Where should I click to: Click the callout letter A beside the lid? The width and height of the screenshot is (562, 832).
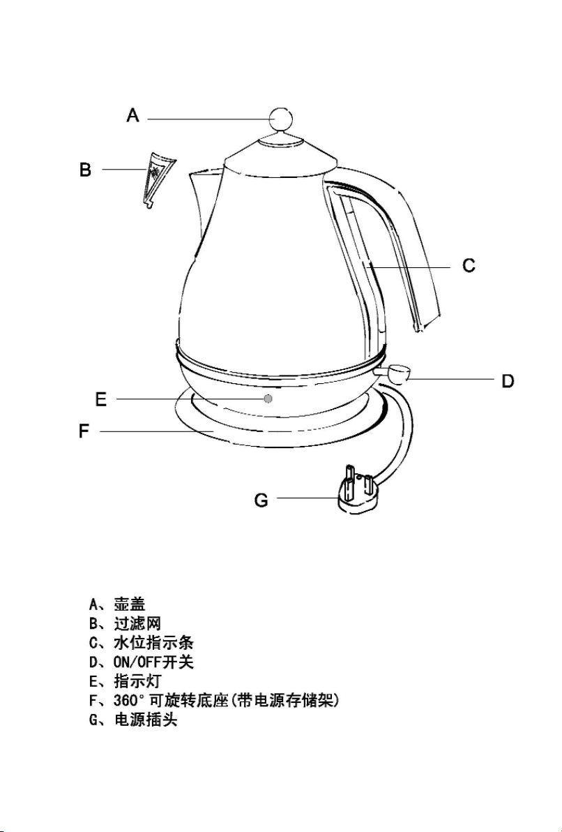[x=132, y=115]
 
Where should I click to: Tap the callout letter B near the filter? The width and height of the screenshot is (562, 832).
[x=85, y=170]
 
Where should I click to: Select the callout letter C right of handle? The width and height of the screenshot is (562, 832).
[x=469, y=265]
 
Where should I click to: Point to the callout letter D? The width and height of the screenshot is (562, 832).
[x=508, y=380]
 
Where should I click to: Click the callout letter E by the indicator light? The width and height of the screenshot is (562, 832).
[x=100, y=399]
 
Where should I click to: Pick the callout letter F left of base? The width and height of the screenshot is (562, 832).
[x=84, y=431]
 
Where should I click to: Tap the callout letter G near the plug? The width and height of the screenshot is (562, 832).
[x=261, y=500]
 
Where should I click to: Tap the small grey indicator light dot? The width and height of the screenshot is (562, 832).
[x=268, y=399]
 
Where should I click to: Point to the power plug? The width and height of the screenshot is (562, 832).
[x=357, y=491]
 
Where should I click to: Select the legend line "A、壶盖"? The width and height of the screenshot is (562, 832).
[x=117, y=604]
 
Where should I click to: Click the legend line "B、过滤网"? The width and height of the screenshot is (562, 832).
[x=125, y=623]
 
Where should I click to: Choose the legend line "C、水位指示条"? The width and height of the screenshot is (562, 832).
[x=141, y=643]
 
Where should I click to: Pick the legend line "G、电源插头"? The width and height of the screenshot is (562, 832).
[x=133, y=720]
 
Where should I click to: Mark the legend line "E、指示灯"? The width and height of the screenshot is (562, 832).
[x=125, y=681]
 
